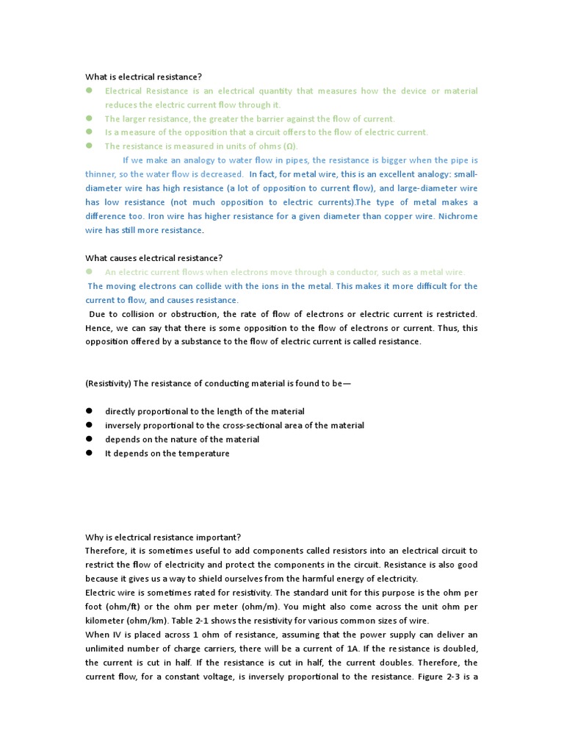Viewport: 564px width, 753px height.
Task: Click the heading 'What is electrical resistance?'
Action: (x=142, y=76)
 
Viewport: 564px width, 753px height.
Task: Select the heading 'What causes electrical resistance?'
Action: (x=153, y=257)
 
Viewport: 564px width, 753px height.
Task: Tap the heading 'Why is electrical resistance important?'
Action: (x=163, y=536)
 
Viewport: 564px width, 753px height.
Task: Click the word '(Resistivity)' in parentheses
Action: (x=108, y=383)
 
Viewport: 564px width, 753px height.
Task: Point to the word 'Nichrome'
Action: (x=458, y=216)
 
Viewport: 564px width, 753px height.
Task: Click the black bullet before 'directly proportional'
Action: (x=89, y=411)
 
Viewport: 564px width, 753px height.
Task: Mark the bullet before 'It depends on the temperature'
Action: (x=89, y=453)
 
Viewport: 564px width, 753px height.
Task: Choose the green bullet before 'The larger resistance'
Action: (x=89, y=118)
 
